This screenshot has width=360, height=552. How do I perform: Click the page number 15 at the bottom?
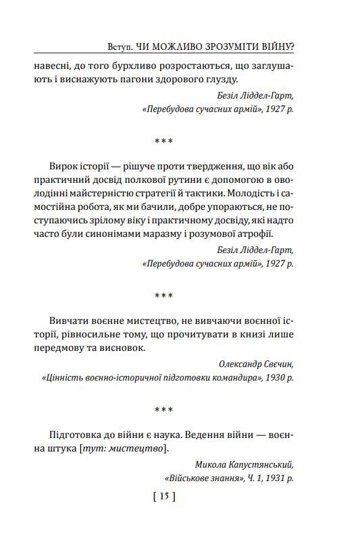(x=165, y=497)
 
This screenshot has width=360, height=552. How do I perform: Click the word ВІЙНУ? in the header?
(x=284, y=47)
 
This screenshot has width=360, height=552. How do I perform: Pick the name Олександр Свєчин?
(x=256, y=364)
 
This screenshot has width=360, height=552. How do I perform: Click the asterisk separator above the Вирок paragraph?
(x=164, y=141)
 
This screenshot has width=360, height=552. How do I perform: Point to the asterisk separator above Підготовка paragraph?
(x=164, y=410)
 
